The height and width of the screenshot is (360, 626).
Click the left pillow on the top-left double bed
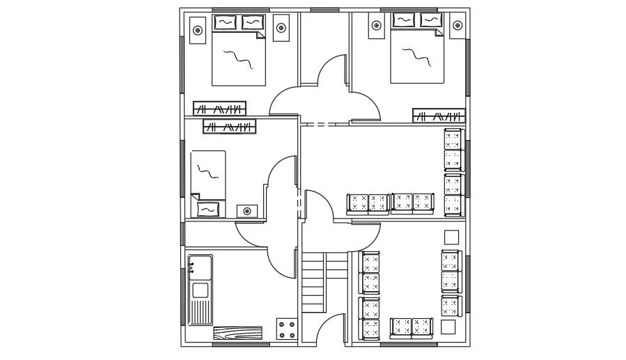pyautogui.click(x=224, y=22)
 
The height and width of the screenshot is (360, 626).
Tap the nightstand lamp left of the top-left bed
pyautogui.click(x=198, y=30)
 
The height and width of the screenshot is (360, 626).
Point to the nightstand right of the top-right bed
pyautogui.click(x=457, y=26)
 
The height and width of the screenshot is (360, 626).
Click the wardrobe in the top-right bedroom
pyautogui.click(x=439, y=116)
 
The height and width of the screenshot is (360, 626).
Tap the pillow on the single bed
pyautogui.click(x=208, y=208)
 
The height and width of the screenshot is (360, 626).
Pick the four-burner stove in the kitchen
pyautogui.click(x=286, y=329)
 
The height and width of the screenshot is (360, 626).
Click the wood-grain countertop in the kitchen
pyautogui.click(x=240, y=334)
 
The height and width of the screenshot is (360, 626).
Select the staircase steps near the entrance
pyautogui.click(x=314, y=282)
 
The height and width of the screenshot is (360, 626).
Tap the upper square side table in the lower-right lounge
pyautogui.click(x=451, y=237)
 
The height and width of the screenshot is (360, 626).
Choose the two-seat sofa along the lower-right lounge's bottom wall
pyautogui.click(x=412, y=327)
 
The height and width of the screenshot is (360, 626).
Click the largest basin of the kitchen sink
pyautogui.click(x=201, y=290)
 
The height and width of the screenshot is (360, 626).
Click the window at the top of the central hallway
pyautogui.click(x=324, y=10)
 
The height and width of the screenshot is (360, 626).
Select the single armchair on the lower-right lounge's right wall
pyautogui.click(x=451, y=306)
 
